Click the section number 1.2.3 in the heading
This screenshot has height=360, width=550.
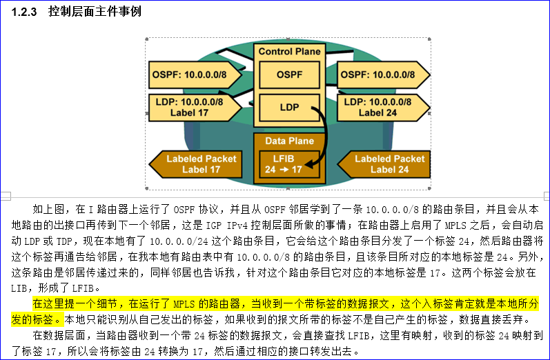click(x=22, y=12)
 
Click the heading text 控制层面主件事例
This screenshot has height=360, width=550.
click(x=95, y=12)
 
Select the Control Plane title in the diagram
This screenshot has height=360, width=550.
click(x=289, y=52)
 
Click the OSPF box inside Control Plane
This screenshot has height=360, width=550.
click(x=289, y=74)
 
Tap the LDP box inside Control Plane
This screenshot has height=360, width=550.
click(x=289, y=108)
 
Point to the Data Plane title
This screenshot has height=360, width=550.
click(x=289, y=141)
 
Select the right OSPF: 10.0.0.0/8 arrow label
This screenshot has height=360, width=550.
click(x=380, y=74)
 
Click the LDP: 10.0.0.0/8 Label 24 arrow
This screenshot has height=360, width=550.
click(x=380, y=107)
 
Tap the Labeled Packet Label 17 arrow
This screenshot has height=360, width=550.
click(x=197, y=163)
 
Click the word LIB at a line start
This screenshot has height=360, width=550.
click(x=21, y=288)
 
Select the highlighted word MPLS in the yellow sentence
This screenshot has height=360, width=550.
click(x=183, y=304)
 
